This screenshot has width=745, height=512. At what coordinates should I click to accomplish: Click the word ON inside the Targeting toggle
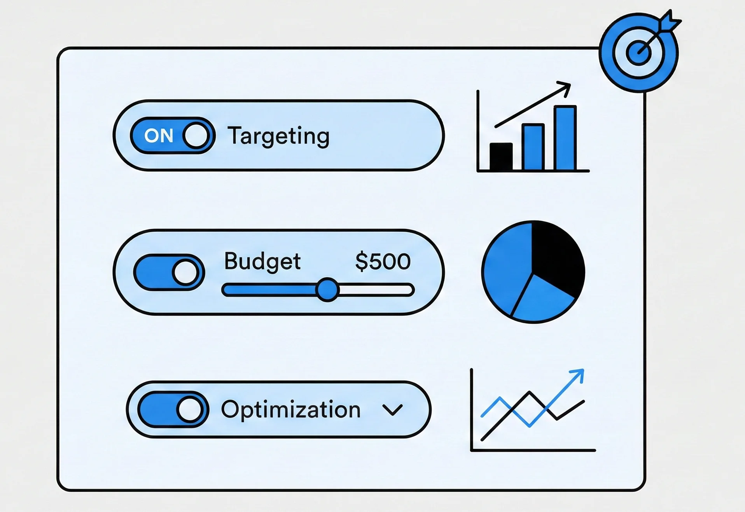point(159,136)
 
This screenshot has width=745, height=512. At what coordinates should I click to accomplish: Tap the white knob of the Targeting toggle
point(196,136)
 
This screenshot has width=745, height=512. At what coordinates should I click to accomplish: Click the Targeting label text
point(278,136)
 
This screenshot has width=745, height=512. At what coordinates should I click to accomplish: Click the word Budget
point(262,261)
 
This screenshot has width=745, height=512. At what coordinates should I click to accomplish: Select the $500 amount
point(383,261)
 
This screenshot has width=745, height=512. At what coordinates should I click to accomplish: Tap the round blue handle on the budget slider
point(327,290)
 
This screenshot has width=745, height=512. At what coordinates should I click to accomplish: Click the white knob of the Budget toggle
point(186,272)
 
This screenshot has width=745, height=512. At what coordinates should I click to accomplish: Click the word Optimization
point(291,410)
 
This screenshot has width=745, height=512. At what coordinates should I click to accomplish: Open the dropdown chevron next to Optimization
point(392,410)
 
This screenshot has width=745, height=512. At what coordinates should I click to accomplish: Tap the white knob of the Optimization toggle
point(190,410)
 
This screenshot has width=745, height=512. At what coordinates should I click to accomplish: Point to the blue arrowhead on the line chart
point(579,374)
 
